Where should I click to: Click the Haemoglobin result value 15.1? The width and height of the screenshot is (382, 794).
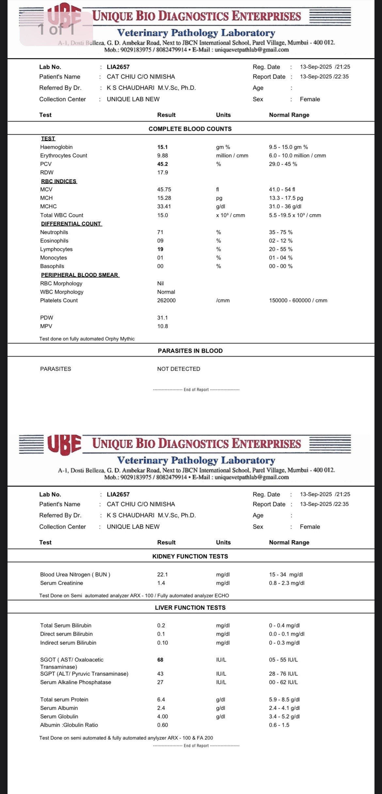click(x=162, y=147)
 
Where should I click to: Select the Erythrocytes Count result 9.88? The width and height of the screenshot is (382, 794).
click(x=163, y=156)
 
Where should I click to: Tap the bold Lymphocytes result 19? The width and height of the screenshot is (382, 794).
click(x=160, y=249)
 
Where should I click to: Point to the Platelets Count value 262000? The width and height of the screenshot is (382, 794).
click(x=166, y=301)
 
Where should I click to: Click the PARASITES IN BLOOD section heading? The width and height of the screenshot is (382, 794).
click(x=190, y=351)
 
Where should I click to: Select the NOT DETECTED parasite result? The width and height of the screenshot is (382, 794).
click(x=179, y=369)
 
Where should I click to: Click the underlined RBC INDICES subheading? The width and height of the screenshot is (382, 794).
click(x=59, y=181)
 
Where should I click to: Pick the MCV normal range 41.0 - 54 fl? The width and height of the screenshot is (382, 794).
click(x=282, y=190)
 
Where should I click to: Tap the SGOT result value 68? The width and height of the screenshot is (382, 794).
click(x=160, y=660)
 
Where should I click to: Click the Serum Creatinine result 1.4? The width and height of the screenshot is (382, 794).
click(x=161, y=583)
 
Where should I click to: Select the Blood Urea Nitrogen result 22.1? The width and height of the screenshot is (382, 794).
click(x=162, y=575)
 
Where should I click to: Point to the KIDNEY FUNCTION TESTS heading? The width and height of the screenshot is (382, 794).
click(x=190, y=556)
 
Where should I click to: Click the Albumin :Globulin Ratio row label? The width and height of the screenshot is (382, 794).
click(x=69, y=725)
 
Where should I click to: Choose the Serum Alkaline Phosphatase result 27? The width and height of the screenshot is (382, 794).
click(x=160, y=682)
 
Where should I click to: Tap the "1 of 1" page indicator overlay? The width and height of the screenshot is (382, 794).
click(x=56, y=29)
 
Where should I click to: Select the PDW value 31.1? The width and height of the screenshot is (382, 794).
click(x=162, y=318)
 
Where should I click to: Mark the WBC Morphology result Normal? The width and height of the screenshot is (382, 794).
click(x=166, y=292)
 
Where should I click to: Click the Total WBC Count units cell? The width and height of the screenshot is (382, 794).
click(x=230, y=215)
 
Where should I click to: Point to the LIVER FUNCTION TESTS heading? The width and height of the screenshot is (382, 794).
click(x=190, y=608)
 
